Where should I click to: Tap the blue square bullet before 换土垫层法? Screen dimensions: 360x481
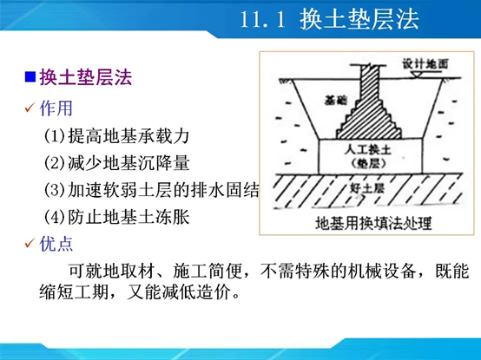click(30, 78)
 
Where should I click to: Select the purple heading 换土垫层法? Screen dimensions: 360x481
click(84, 78)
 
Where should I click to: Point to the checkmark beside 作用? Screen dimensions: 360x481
click(29, 108)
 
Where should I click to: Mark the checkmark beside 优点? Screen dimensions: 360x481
click(29, 244)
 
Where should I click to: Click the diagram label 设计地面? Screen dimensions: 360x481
click(425, 64)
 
